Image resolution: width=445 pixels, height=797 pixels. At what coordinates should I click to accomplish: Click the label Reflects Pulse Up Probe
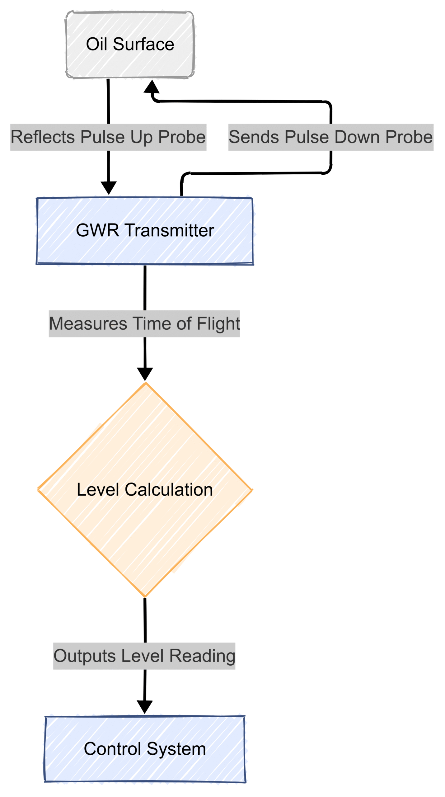[108, 137]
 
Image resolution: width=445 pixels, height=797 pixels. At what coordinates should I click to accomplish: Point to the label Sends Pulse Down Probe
[330, 137]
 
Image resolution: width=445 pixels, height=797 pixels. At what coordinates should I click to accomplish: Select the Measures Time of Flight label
[144, 323]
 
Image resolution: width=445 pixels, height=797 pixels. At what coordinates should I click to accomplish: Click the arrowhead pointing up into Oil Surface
[152, 87]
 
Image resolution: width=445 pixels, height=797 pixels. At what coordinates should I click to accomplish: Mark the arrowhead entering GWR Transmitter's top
[109, 188]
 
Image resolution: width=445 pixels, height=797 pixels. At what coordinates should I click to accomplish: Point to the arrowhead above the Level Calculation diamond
[145, 374]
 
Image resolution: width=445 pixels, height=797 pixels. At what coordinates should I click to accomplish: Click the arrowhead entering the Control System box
[145, 707]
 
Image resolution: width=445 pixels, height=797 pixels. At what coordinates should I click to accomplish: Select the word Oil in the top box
[96, 44]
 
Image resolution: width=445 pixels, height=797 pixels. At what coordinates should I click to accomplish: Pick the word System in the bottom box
[176, 749]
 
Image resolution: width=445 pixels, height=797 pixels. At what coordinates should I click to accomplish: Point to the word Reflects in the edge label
[43, 137]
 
